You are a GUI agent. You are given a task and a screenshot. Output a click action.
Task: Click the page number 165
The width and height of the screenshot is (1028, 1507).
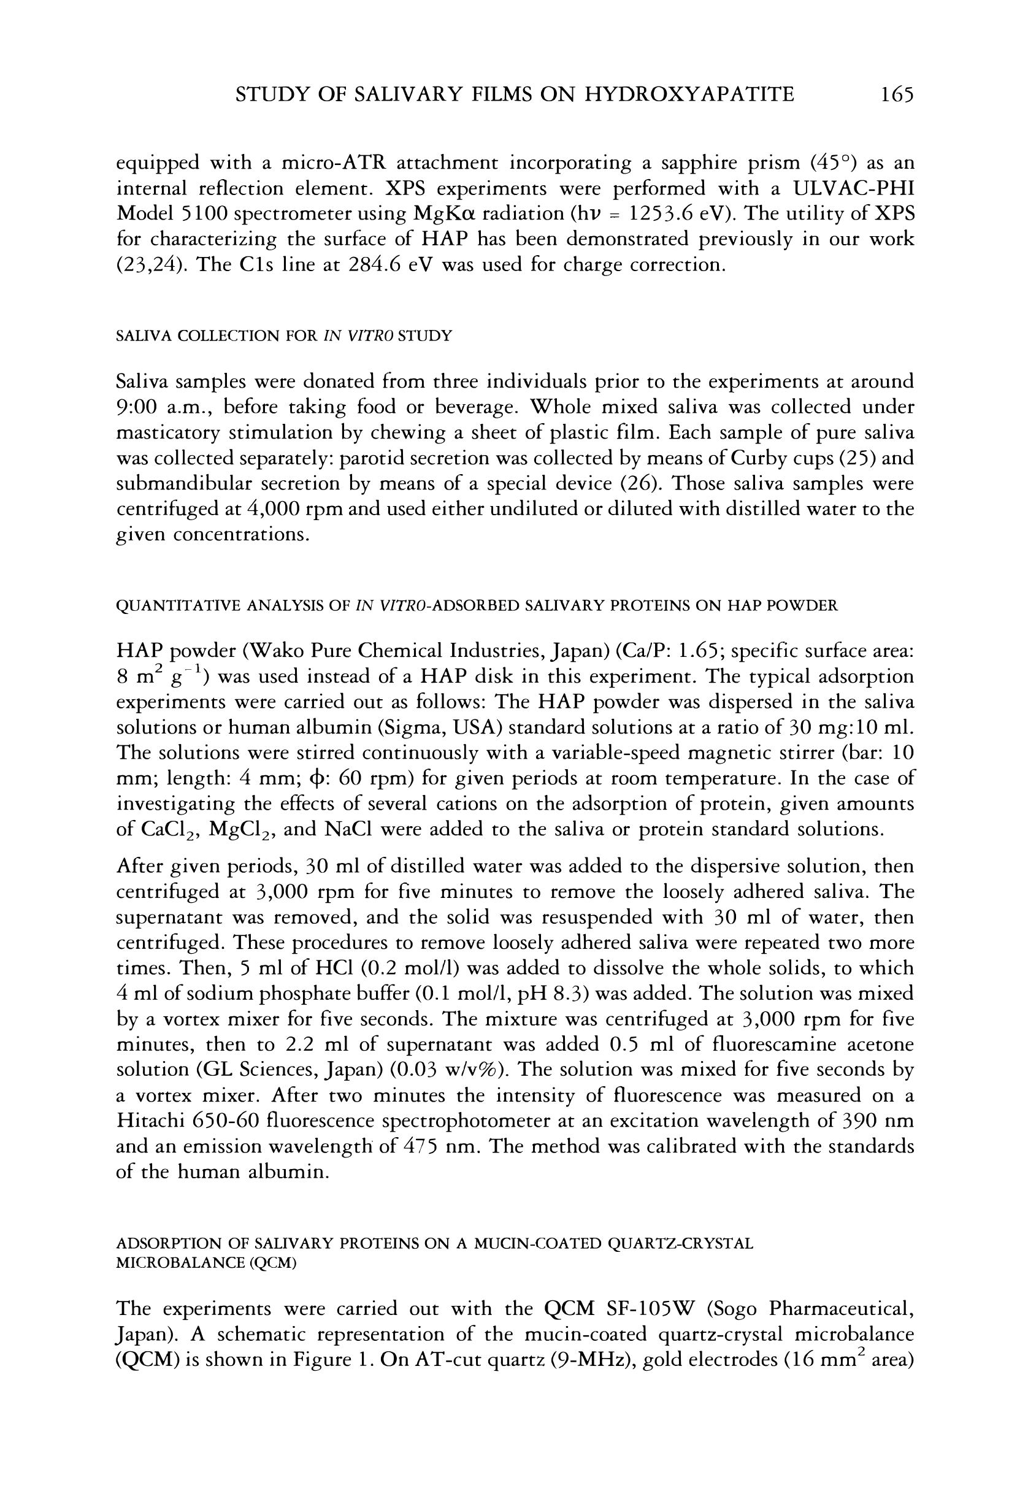[897, 94]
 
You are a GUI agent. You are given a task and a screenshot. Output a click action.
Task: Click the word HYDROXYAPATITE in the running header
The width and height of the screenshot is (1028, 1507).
[689, 94]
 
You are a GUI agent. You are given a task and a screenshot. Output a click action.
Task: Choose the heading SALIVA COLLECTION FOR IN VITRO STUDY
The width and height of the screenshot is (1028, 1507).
[283, 336]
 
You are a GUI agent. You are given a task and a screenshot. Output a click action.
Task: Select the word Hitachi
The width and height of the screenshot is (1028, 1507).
[149, 1121]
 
